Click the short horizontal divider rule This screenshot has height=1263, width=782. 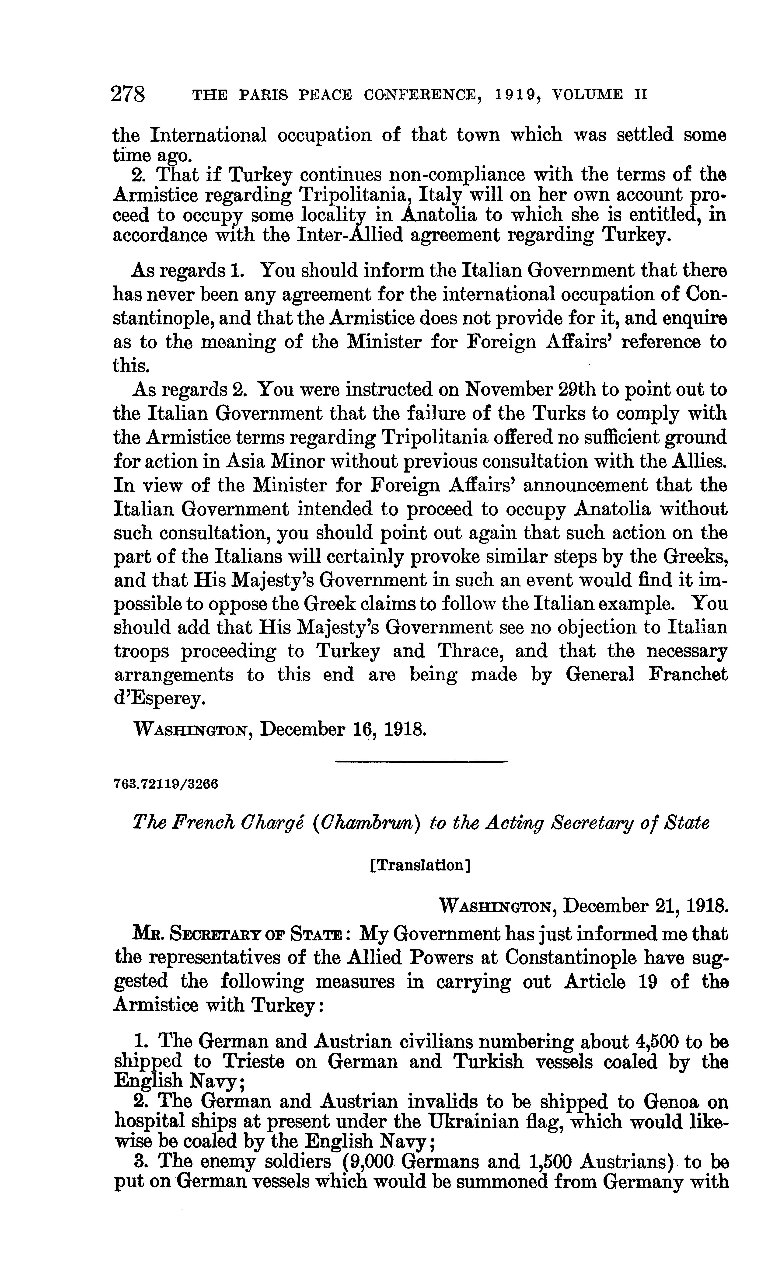(422, 761)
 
